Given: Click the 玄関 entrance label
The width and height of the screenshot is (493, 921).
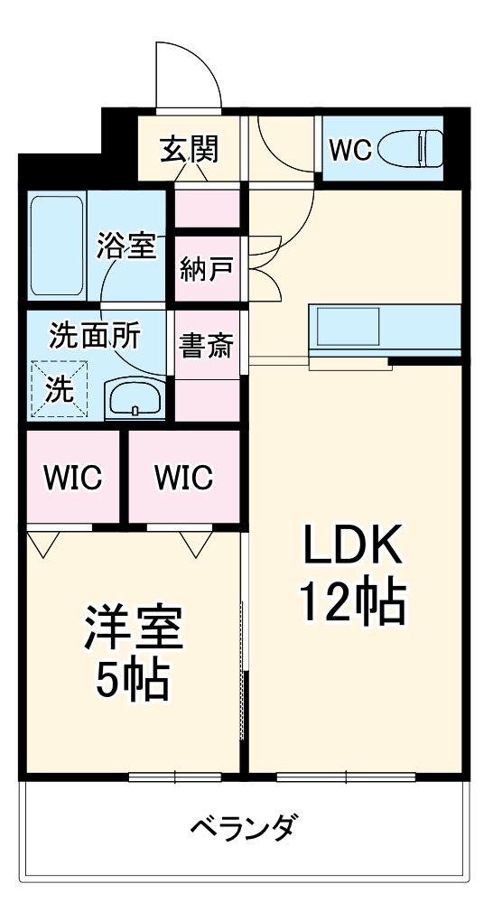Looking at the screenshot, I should [190, 148].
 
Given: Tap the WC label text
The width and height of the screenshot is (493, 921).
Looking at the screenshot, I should [349, 150].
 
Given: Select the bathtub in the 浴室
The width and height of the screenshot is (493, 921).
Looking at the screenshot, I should [56, 246].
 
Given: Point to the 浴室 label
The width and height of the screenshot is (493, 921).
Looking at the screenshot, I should [126, 246].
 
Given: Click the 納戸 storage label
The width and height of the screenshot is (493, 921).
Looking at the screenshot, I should [207, 268].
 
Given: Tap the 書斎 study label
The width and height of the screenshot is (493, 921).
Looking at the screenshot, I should [207, 346].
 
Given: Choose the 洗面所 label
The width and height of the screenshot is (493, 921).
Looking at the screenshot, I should [95, 336].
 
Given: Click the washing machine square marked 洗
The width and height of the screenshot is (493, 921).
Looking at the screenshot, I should [60, 389].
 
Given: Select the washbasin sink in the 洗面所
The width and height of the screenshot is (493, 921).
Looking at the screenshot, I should [135, 397].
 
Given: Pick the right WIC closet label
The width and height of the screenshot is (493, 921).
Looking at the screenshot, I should [183, 476].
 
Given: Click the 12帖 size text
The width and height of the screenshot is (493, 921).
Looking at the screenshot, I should [352, 603].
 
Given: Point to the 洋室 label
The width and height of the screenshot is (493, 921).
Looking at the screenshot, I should [135, 628].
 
